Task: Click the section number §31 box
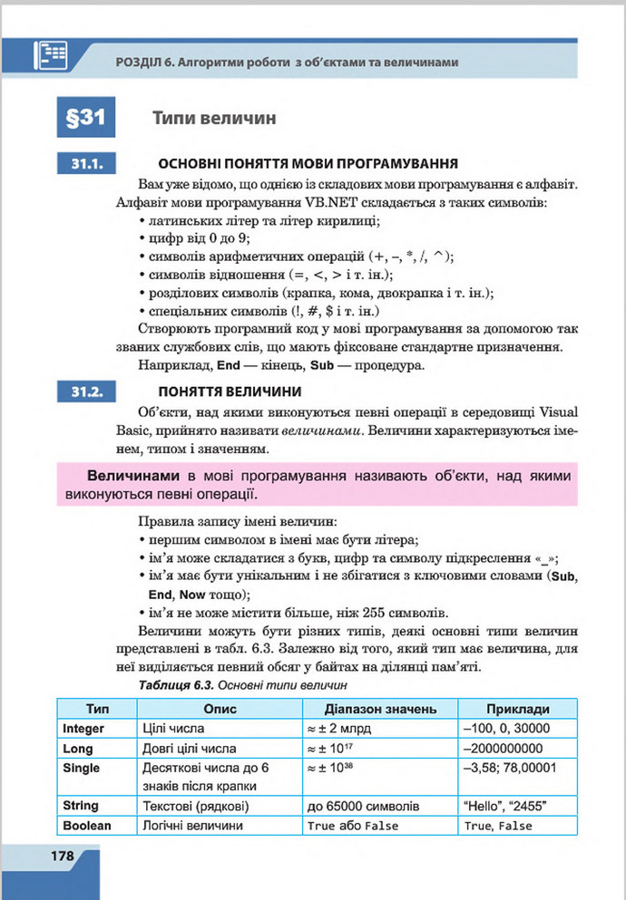tap(87, 118)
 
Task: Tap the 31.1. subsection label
tap(88, 164)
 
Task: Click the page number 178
tap(50, 856)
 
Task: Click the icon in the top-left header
tap(52, 55)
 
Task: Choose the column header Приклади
tap(517, 708)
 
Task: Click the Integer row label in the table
tap(84, 729)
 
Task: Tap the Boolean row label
tap(87, 826)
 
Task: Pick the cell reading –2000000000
tap(503, 749)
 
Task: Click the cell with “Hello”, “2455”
tap(505, 806)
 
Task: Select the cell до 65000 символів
tap(363, 806)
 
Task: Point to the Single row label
tap(82, 768)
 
